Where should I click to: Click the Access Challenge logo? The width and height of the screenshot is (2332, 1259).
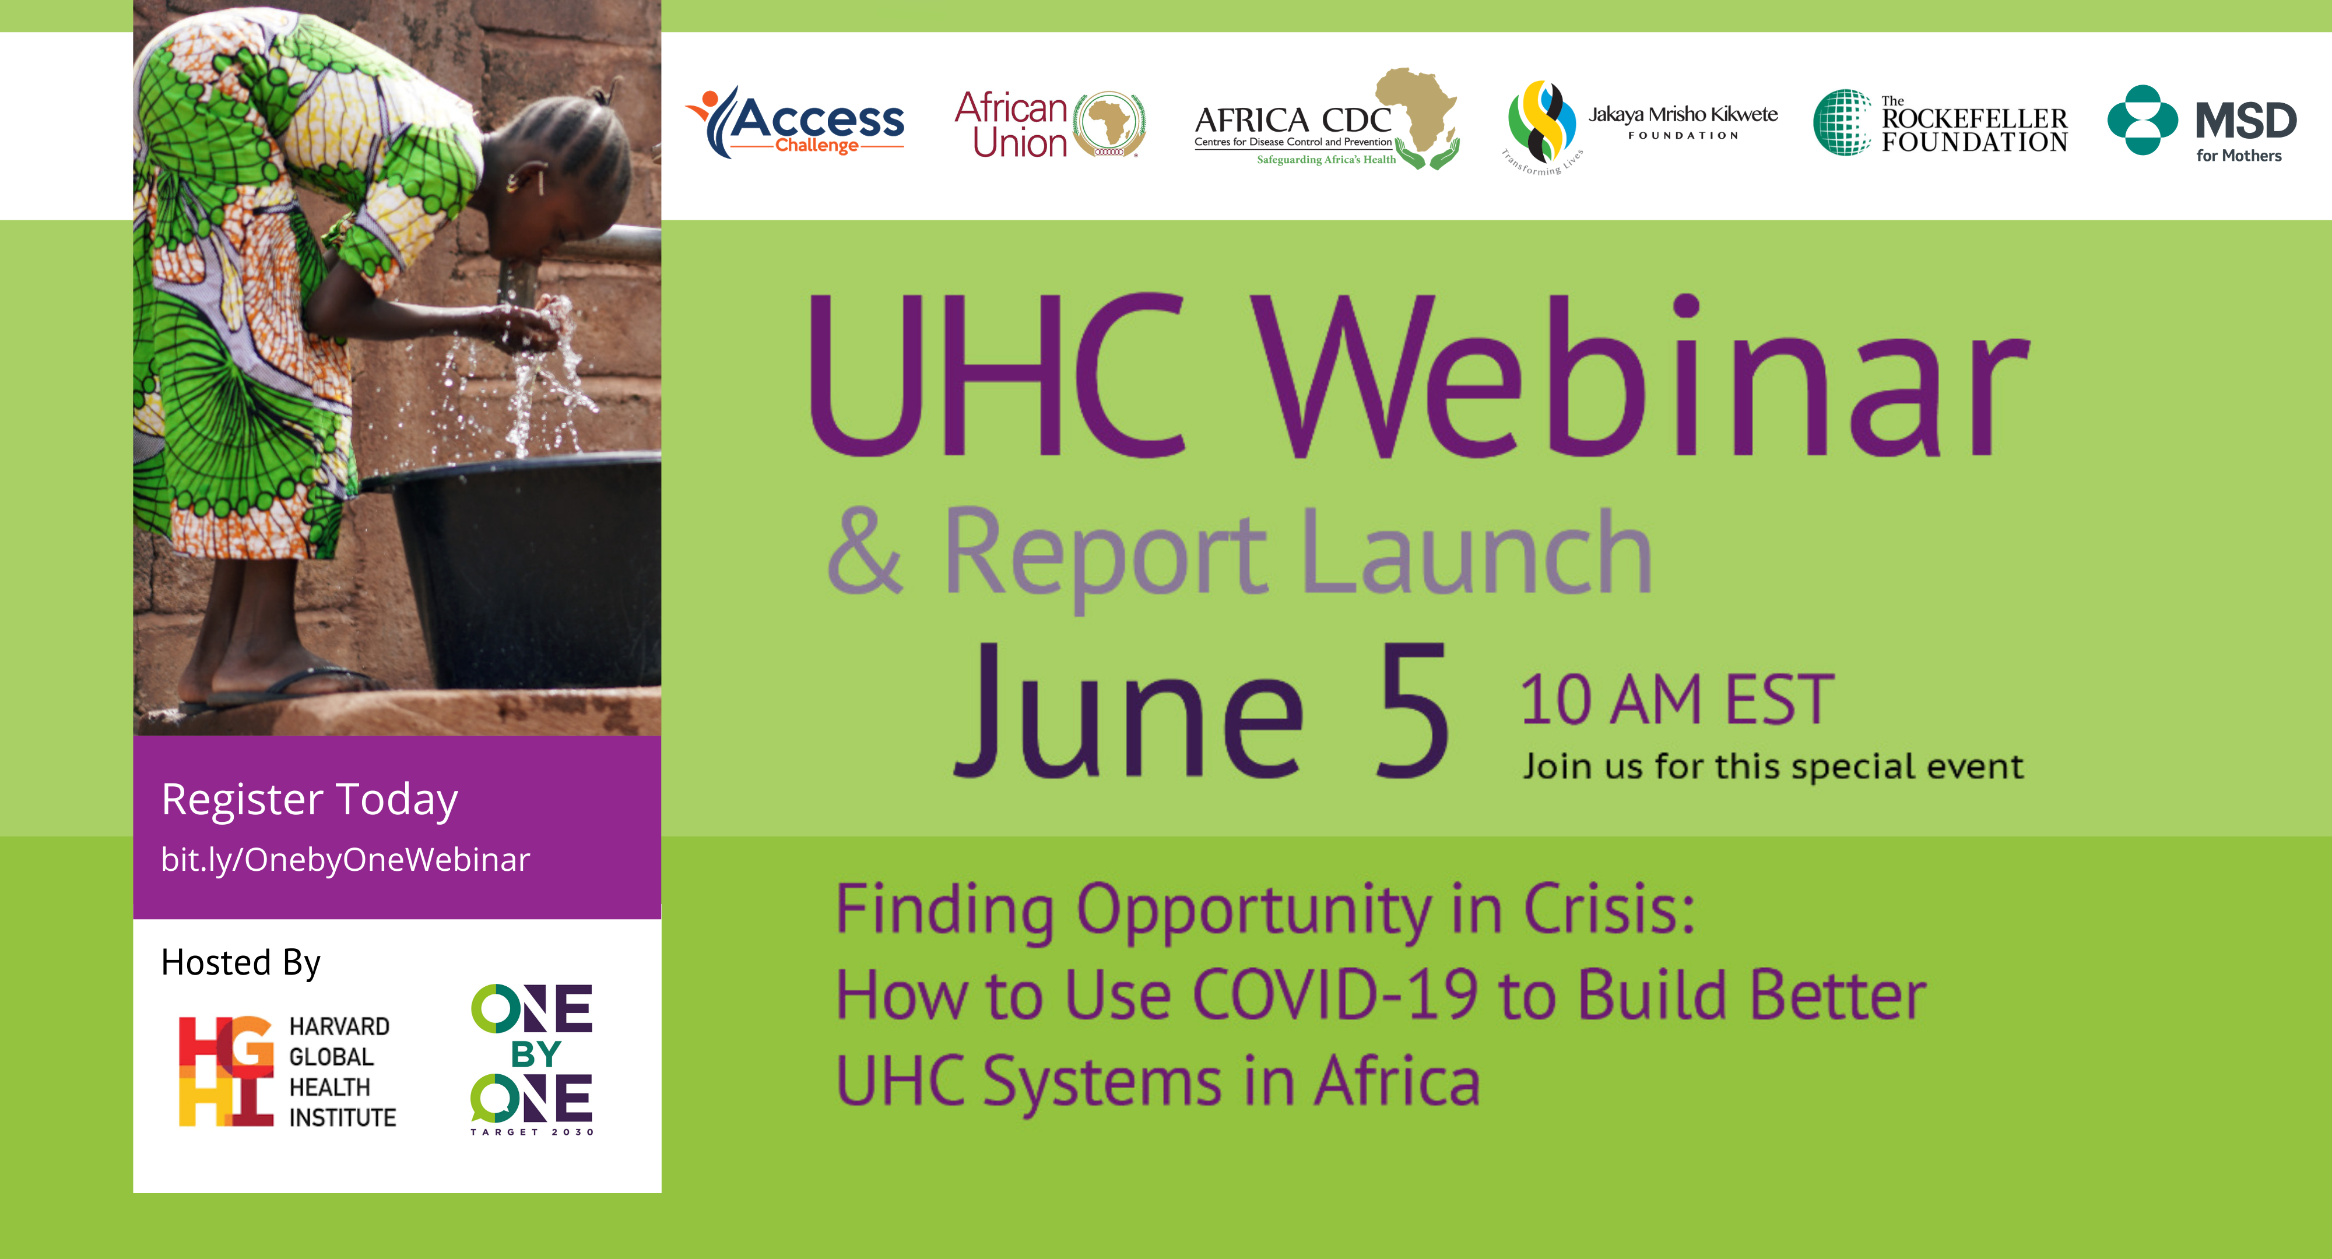[x=795, y=122]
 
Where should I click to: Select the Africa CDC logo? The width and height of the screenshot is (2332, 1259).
[x=1326, y=118]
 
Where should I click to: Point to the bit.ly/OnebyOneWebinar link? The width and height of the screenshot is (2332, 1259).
[x=345, y=860]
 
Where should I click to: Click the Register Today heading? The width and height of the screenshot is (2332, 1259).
[x=310, y=800]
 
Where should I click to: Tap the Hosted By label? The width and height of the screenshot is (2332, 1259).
[x=241, y=963]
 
